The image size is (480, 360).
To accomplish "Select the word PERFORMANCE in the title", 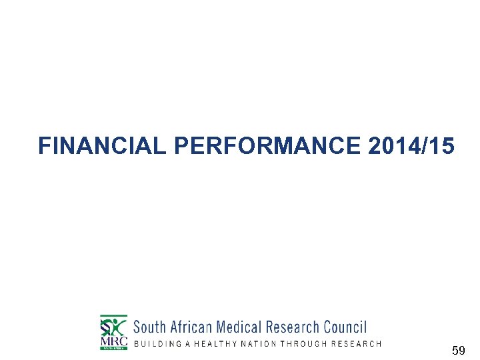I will click(267, 146).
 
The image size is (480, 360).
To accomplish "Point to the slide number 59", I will click(458, 350).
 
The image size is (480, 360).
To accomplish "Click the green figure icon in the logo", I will click(115, 326).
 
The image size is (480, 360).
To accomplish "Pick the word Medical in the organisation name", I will click(239, 327).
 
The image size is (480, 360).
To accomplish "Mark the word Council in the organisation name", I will click(345, 327).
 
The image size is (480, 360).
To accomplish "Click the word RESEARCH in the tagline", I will click(357, 344).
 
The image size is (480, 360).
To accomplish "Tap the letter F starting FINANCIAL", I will click(44, 146).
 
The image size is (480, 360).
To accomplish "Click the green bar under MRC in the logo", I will click(113, 348).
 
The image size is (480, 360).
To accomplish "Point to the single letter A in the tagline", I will click(191, 344).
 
